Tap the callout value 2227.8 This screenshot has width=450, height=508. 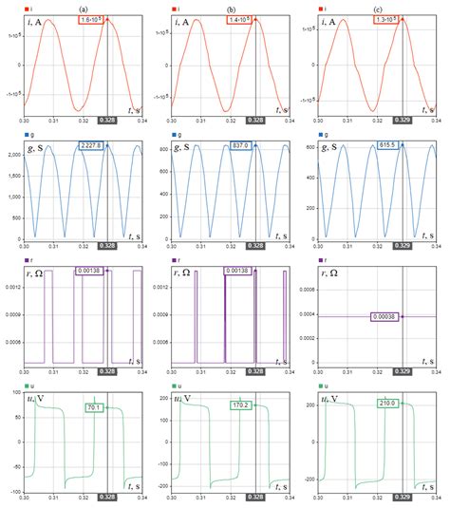point(92,145)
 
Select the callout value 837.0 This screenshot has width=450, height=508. point(241,145)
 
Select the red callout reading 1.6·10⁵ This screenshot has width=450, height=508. point(93,19)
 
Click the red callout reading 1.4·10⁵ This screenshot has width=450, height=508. point(241,19)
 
